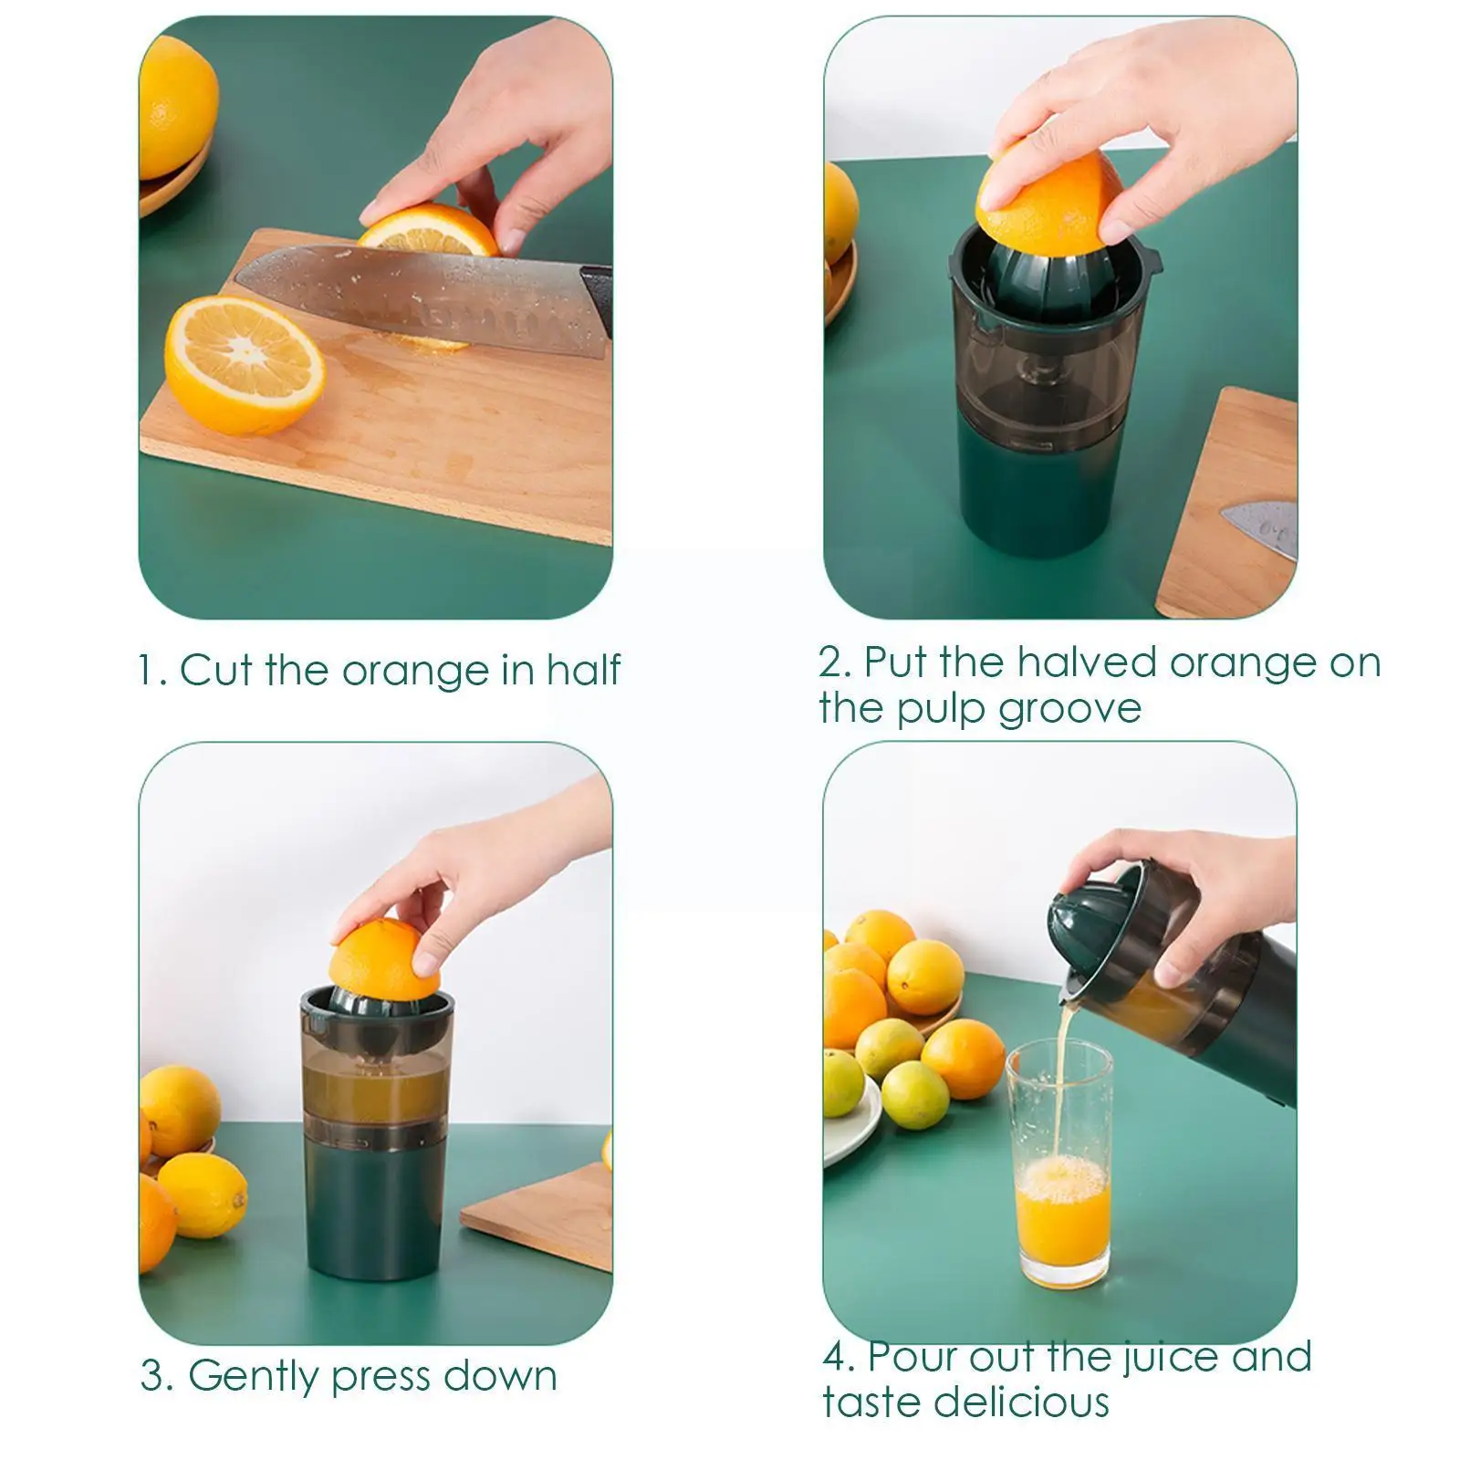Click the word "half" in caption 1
[583, 670]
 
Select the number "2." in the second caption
[834, 662]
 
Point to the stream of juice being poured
[1061, 1077]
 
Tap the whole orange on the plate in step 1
[176, 105]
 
